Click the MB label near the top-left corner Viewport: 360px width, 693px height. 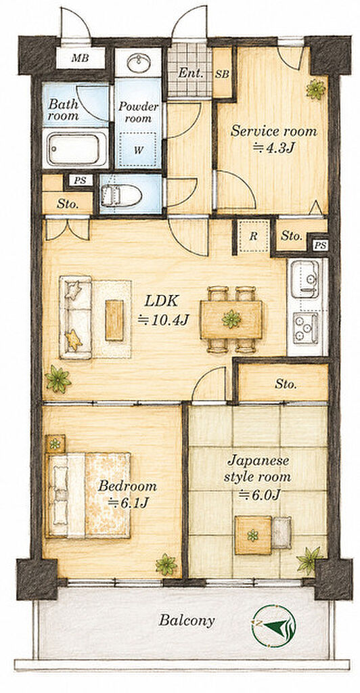(80, 58)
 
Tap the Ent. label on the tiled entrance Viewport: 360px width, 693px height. (190, 73)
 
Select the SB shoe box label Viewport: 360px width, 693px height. (222, 74)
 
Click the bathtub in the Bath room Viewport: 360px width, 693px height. (74, 149)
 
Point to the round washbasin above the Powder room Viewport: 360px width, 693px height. (138, 63)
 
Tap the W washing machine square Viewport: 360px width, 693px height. (139, 150)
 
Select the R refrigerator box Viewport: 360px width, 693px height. (253, 236)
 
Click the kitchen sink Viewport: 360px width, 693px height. (305, 279)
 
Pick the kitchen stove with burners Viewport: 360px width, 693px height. (306, 328)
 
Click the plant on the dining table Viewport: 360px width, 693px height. (231, 319)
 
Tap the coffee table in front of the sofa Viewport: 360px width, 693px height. (114, 320)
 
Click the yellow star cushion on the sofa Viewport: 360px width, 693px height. (74, 341)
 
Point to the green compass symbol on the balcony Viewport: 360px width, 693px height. (273, 626)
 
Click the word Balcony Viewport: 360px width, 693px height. (187, 621)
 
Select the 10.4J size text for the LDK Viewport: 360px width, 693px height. (164, 319)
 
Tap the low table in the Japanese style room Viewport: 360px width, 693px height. (253, 535)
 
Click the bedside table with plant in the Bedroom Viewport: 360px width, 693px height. (55, 444)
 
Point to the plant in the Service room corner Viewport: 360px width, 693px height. (316, 89)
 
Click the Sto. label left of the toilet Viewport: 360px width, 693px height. (68, 204)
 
